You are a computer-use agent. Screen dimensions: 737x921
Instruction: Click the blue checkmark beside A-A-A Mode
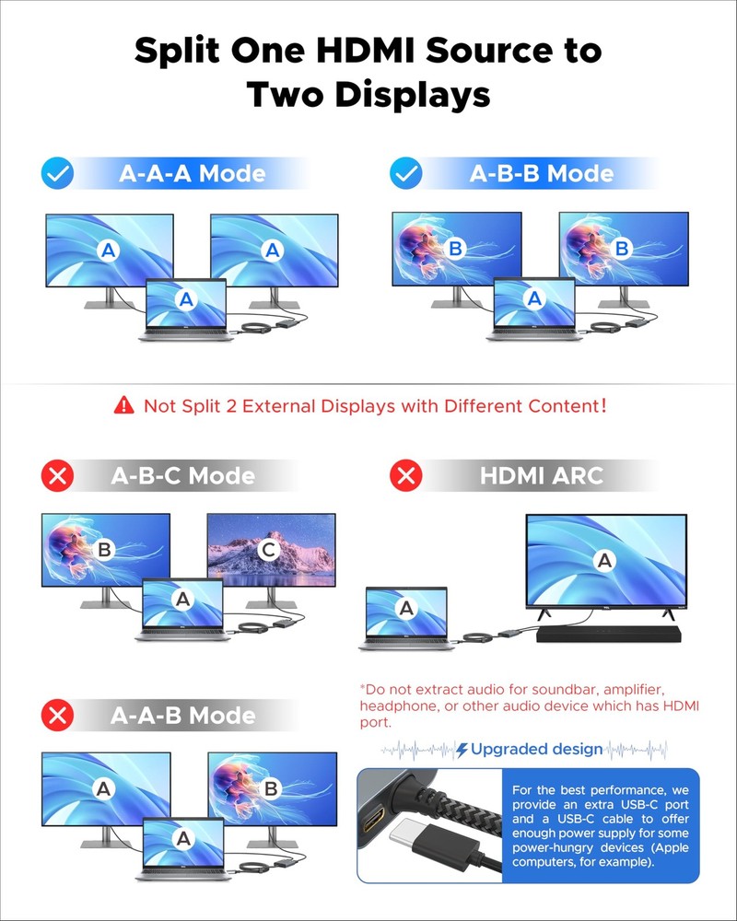pyautogui.click(x=58, y=173)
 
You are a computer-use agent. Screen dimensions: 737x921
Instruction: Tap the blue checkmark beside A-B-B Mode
pyautogui.click(x=406, y=173)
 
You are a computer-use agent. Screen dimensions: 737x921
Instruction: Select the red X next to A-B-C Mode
pyautogui.click(x=58, y=475)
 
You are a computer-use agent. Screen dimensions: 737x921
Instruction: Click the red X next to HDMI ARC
pyautogui.click(x=406, y=475)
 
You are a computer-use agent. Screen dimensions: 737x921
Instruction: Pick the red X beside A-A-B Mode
pyautogui.click(x=58, y=716)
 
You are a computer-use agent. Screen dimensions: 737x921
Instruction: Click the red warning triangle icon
pyautogui.click(x=124, y=405)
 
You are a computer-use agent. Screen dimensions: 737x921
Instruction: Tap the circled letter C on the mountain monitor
pyautogui.click(x=269, y=549)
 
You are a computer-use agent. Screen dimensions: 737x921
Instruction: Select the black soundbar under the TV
pyautogui.click(x=609, y=634)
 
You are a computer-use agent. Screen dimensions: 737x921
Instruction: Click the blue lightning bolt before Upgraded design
pyautogui.click(x=462, y=750)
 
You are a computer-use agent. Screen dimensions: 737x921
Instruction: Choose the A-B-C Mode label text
pyautogui.click(x=183, y=476)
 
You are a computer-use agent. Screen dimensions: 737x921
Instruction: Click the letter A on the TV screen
pyautogui.click(x=604, y=561)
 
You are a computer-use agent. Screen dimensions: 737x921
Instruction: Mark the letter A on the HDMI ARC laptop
pyautogui.click(x=406, y=609)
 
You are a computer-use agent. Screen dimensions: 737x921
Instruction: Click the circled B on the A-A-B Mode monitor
pyautogui.click(x=271, y=788)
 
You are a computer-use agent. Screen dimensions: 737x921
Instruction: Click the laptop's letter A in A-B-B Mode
pyautogui.click(x=534, y=298)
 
